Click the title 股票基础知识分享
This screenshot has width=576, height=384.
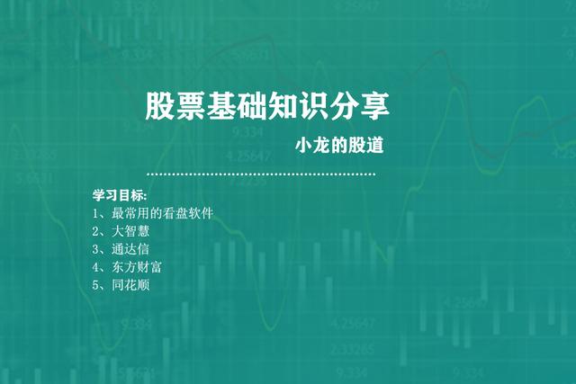267,107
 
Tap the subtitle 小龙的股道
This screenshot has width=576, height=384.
346,146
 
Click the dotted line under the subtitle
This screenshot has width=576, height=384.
261,174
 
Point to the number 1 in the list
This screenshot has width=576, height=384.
95,213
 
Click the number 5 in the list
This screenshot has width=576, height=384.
95,285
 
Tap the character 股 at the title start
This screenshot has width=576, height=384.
159,107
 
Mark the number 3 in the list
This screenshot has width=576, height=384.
95,249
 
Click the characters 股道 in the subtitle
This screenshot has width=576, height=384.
378,146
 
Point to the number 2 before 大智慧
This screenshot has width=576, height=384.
95,231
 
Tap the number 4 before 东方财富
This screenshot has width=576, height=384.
95,267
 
